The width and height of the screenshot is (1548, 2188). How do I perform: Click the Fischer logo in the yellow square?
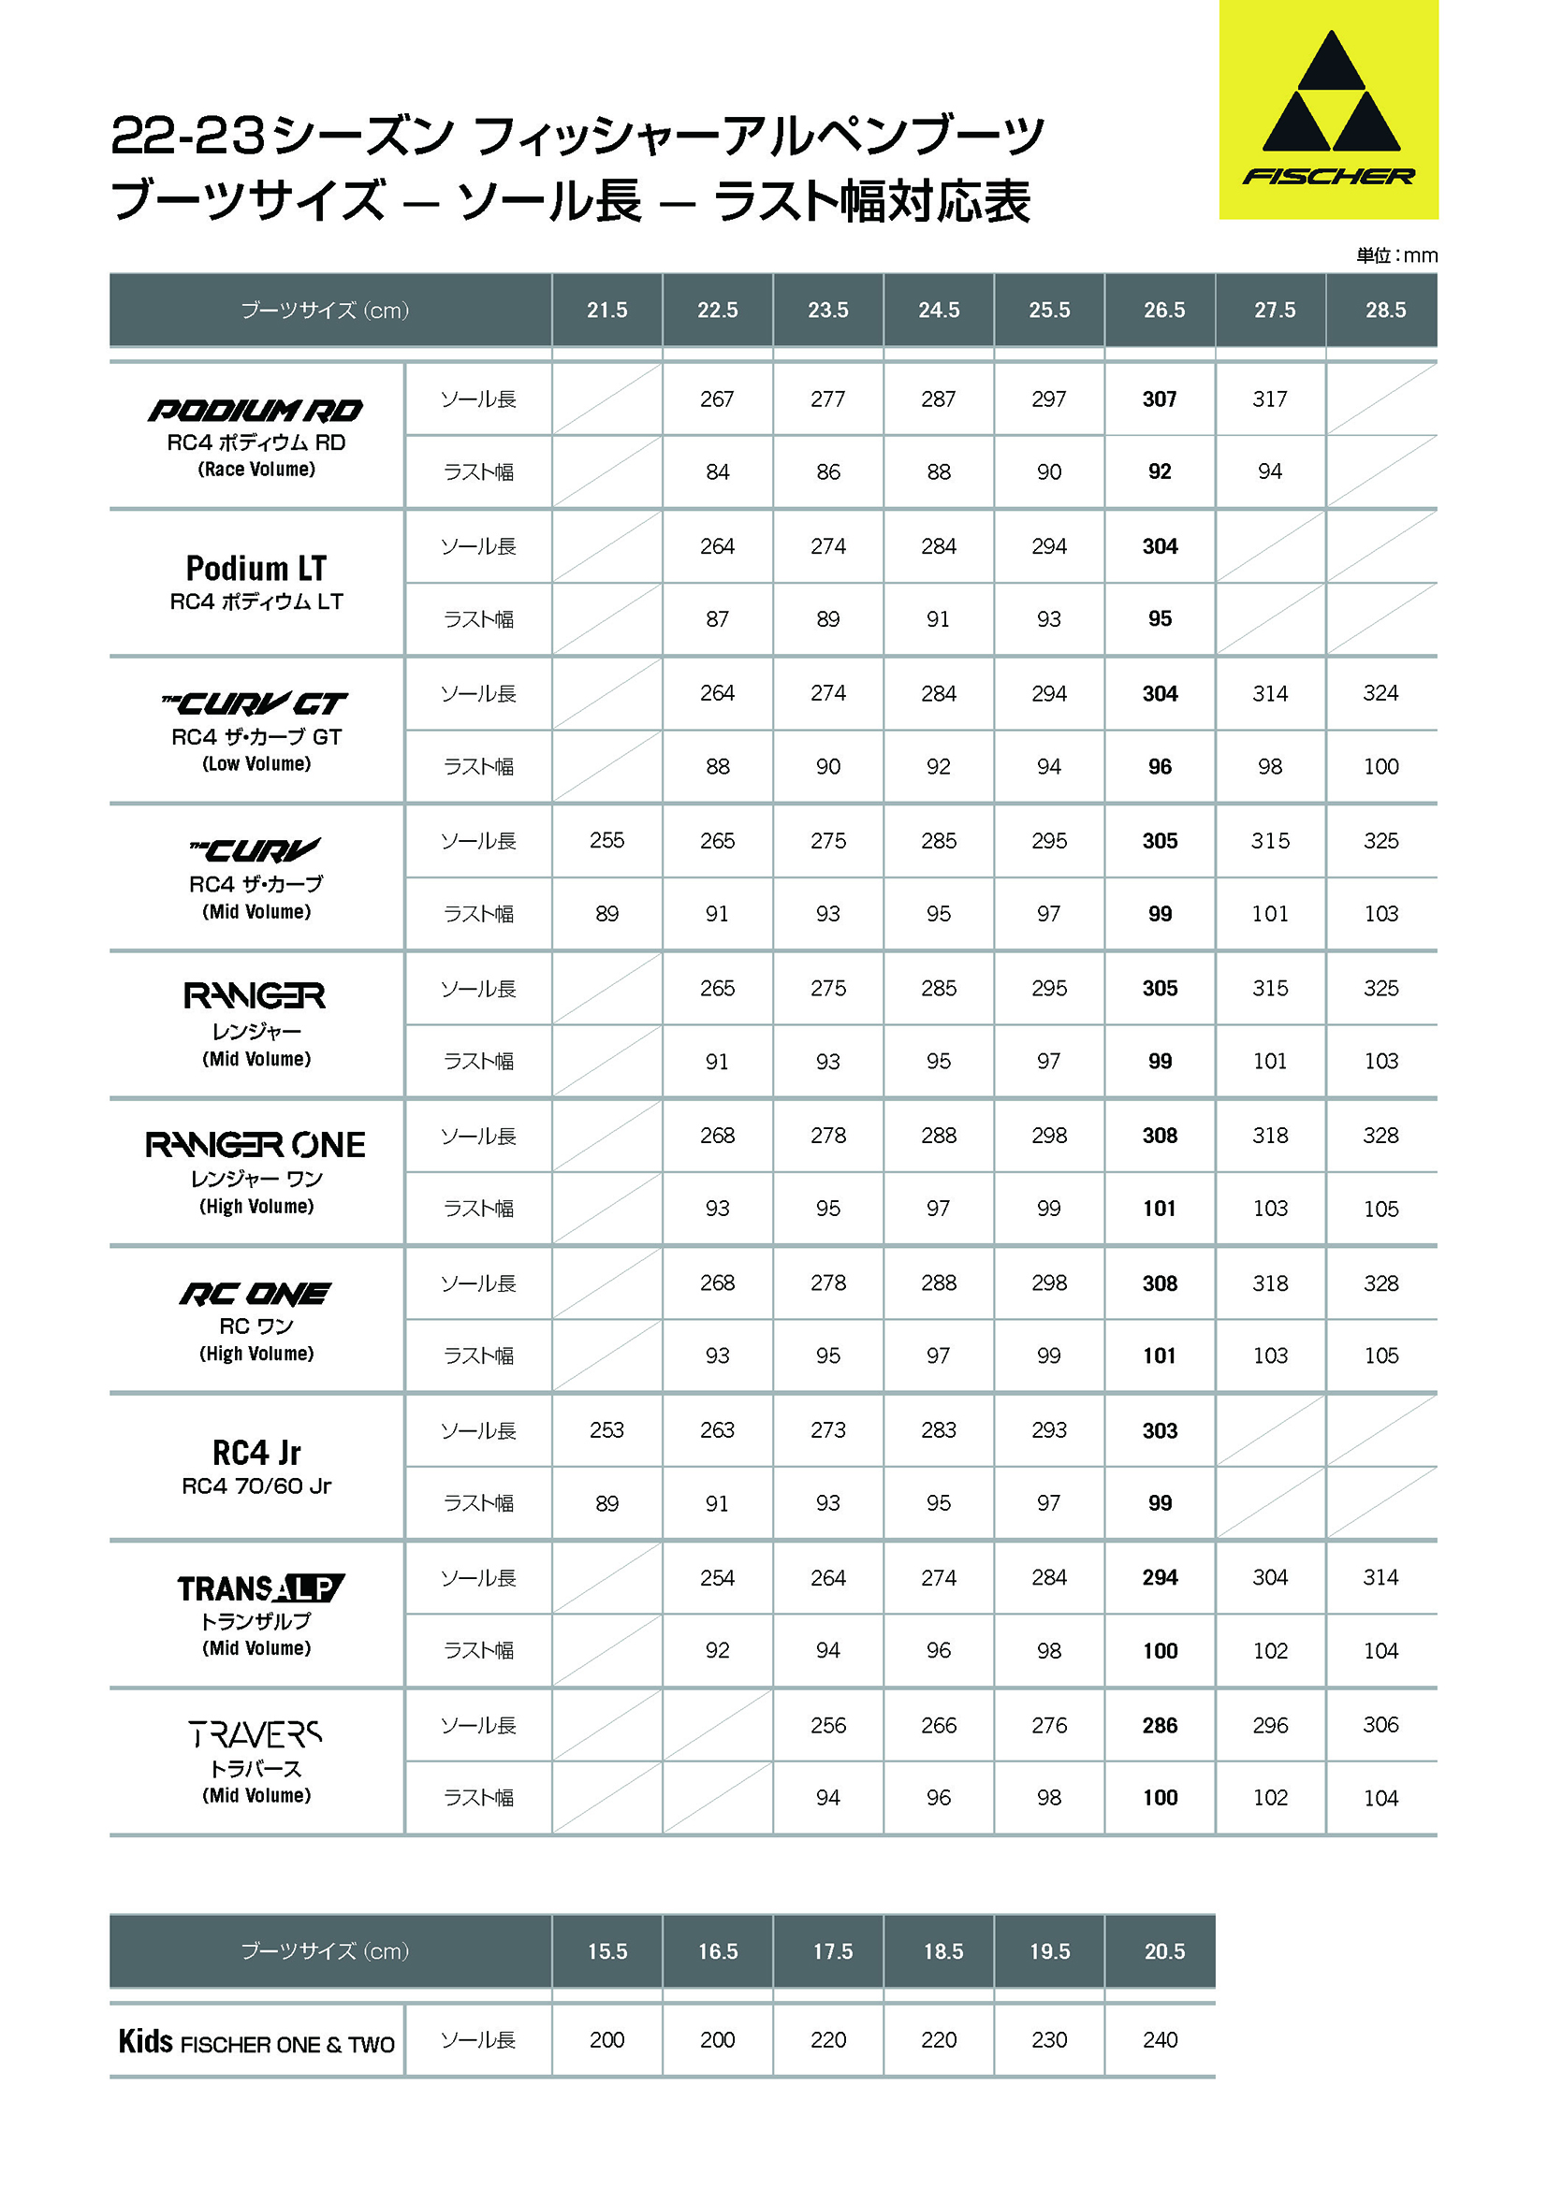[x=1328, y=109]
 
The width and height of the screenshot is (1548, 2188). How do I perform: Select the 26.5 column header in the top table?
[x=1164, y=310]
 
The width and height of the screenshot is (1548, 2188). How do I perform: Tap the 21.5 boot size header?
[x=607, y=310]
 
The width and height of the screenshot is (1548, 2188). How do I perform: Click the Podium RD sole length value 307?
[x=1159, y=399]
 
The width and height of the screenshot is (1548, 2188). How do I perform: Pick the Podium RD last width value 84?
[x=718, y=471]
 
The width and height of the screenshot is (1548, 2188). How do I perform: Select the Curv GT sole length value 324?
[x=1380, y=693]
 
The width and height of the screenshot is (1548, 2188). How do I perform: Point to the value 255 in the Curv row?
[x=607, y=841]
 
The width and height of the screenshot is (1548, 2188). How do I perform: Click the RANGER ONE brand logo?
[x=256, y=1144]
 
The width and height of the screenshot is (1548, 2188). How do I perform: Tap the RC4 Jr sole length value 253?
[x=607, y=1430]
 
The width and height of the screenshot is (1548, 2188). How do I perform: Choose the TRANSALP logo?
[x=260, y=1588]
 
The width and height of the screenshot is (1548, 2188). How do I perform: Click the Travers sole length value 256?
[x=828, y=1725]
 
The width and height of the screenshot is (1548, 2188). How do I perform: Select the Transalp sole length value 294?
[x=1159, y=1577]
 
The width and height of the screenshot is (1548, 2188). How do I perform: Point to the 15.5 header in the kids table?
[x=607, y=1951]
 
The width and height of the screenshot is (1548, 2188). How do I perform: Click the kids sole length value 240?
[x=1159, y=2039]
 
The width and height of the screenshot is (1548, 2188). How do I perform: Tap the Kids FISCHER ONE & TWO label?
[x=256, y=2042]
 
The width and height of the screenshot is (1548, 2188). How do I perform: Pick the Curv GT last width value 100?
[x=1380, y=766]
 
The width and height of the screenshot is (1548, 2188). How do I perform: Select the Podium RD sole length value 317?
[x=1270, y=399]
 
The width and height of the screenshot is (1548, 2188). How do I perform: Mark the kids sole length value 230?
[x=1048, y=2039]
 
